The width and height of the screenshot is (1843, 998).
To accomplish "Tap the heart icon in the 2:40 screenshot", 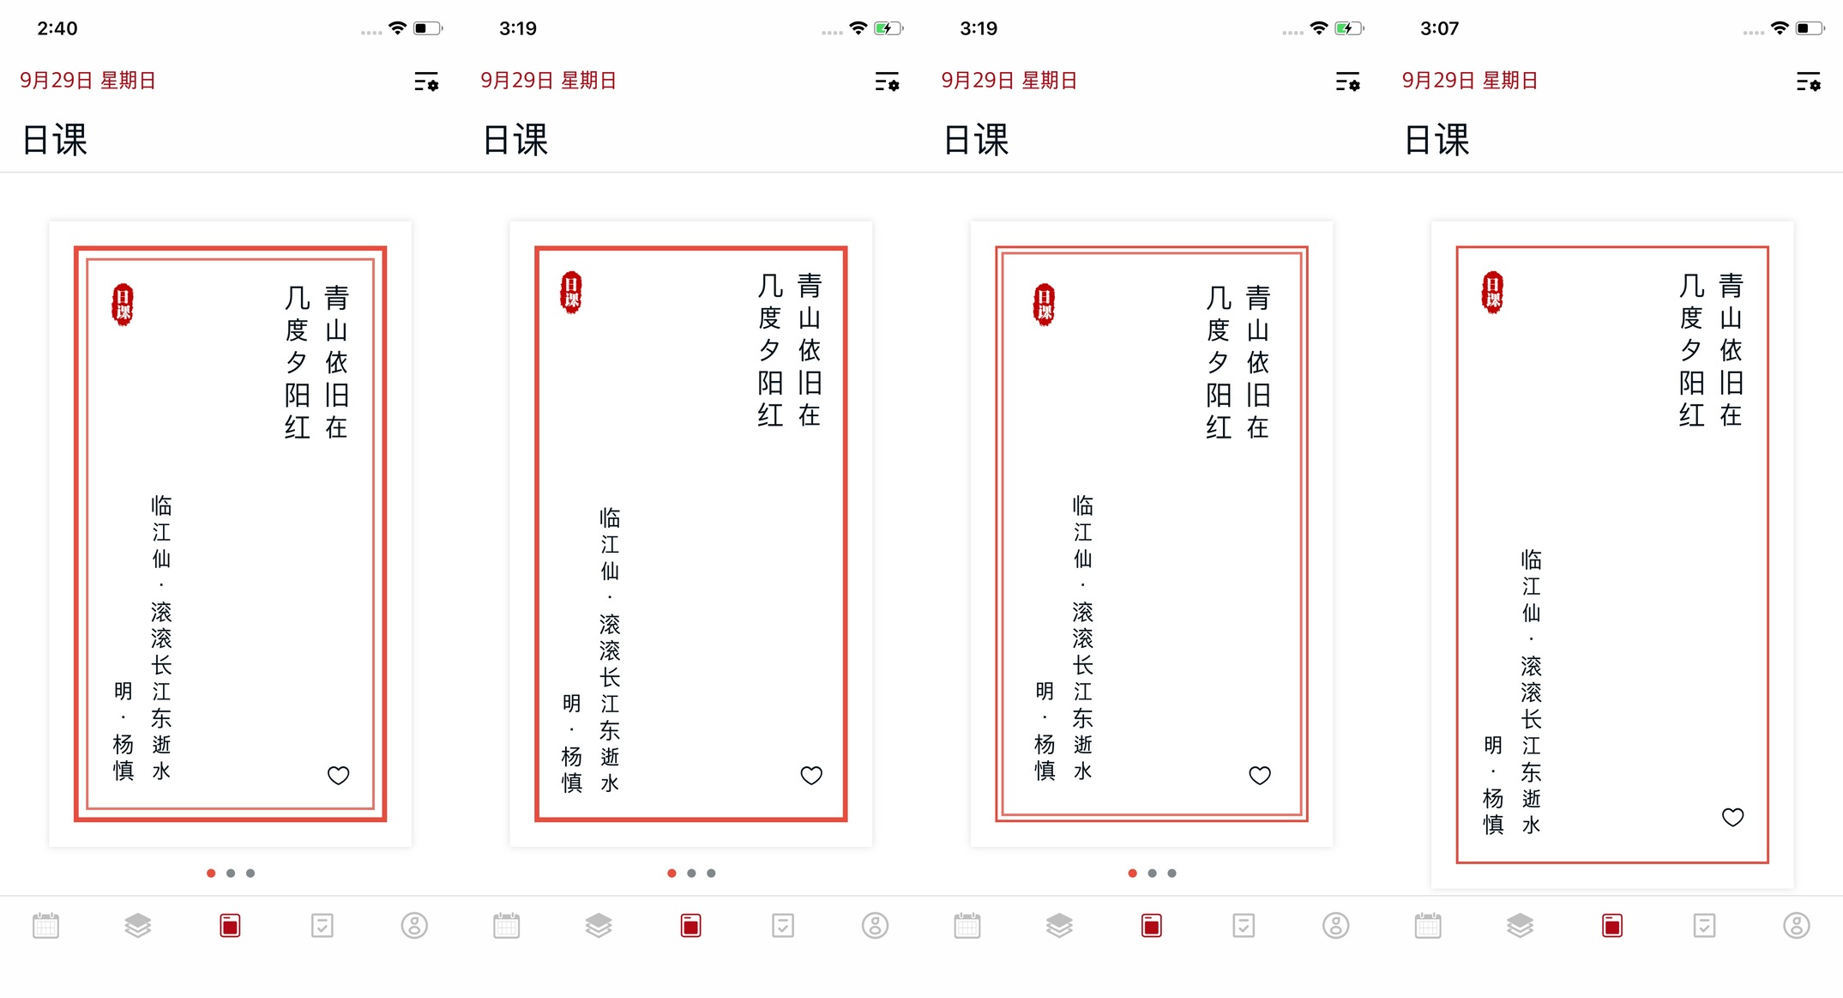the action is point(339,776).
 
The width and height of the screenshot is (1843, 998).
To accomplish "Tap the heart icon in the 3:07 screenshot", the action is point(1733,817).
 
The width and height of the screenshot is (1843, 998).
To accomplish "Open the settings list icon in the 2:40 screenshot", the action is point(426,82).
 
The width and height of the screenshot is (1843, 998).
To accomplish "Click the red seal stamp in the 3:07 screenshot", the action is point(1493,293).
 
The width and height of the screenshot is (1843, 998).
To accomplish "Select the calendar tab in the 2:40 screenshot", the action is point(46,926).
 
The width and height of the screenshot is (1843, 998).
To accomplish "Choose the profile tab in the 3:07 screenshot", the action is point(1797,926).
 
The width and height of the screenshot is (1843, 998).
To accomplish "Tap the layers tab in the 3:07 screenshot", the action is point(1521,926).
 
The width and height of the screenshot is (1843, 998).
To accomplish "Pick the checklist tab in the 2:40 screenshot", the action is point(322,926).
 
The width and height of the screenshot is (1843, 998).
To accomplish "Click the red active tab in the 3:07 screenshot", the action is point(1612,926).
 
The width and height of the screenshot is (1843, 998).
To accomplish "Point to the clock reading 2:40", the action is point(57,28).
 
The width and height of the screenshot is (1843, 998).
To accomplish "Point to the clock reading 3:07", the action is point(1439,28).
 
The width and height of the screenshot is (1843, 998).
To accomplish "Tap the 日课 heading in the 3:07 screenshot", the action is point(1436,140).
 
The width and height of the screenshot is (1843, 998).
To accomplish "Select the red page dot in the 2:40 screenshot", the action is point(211,874).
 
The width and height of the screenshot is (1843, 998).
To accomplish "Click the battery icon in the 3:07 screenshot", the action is point(1810,28).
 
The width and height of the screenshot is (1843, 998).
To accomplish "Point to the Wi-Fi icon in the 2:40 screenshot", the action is point(397,28).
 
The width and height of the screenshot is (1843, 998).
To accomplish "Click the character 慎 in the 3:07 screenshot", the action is point(1493,825).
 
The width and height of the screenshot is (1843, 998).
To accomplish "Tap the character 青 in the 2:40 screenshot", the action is point(336,298).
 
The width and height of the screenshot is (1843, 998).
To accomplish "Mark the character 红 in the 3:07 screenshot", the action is point(1691,415).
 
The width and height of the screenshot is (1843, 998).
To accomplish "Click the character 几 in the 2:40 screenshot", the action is point(297,298).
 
